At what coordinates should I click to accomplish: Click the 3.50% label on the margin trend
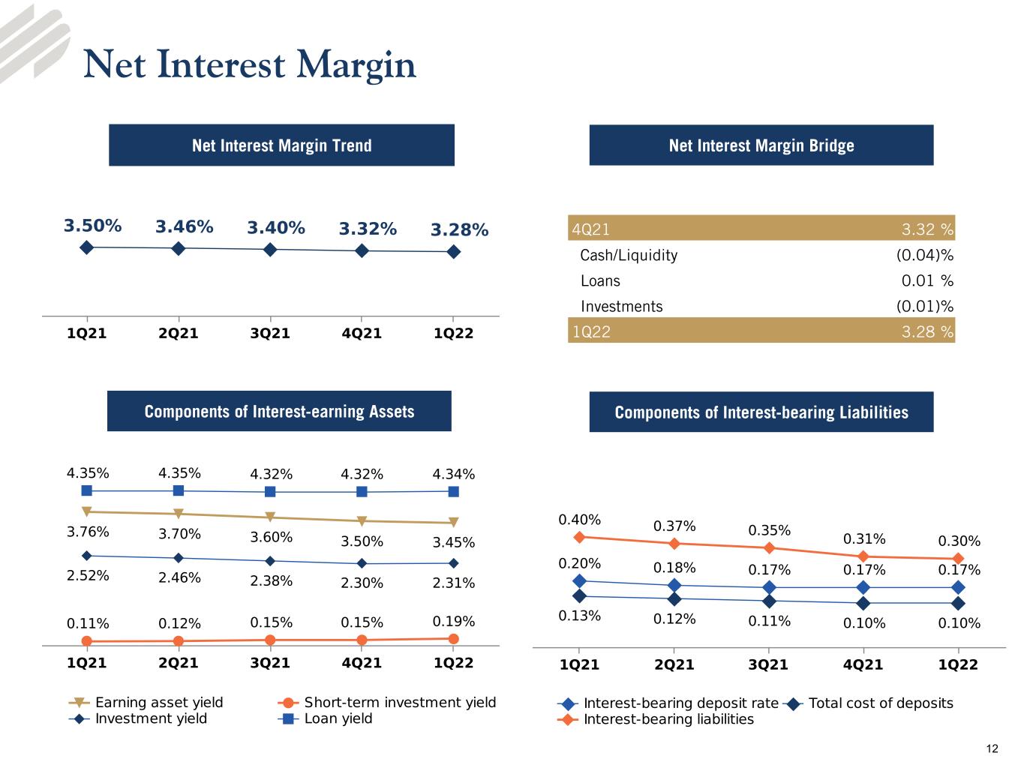click(x=92, y=226)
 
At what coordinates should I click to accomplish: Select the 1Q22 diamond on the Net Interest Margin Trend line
click(x=453, y=252)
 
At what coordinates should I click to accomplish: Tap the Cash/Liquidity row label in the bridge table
click(x=629, y=255)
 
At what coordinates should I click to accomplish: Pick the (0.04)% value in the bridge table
click(x=925, y=255)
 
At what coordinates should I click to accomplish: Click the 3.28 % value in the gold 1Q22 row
click(x=927, y=331)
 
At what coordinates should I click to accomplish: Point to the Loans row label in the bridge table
click(x=600, y=280)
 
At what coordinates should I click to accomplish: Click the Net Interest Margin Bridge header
click(x=761, y=145)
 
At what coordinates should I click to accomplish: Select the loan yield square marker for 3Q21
click(x=269, y=491)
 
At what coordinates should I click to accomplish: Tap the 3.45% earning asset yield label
click(x=453, y=542)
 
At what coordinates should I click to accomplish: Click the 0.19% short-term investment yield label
click(x=453, y=621)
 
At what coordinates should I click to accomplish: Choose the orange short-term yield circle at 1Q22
click(x=453, y=638)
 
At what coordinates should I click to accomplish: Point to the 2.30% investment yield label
click(x=362, y=583)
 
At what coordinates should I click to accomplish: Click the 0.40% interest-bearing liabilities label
click(x=579, y=520)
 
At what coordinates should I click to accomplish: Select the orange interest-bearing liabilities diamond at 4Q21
click(x=863, y=556)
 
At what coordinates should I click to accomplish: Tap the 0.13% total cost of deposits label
click(x=579, y=616)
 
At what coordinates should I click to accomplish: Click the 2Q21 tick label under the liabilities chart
click(x=674, y=664)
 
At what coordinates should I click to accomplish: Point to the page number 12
click(x=992, y=749)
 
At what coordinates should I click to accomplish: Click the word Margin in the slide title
click(x=356, y=64)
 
